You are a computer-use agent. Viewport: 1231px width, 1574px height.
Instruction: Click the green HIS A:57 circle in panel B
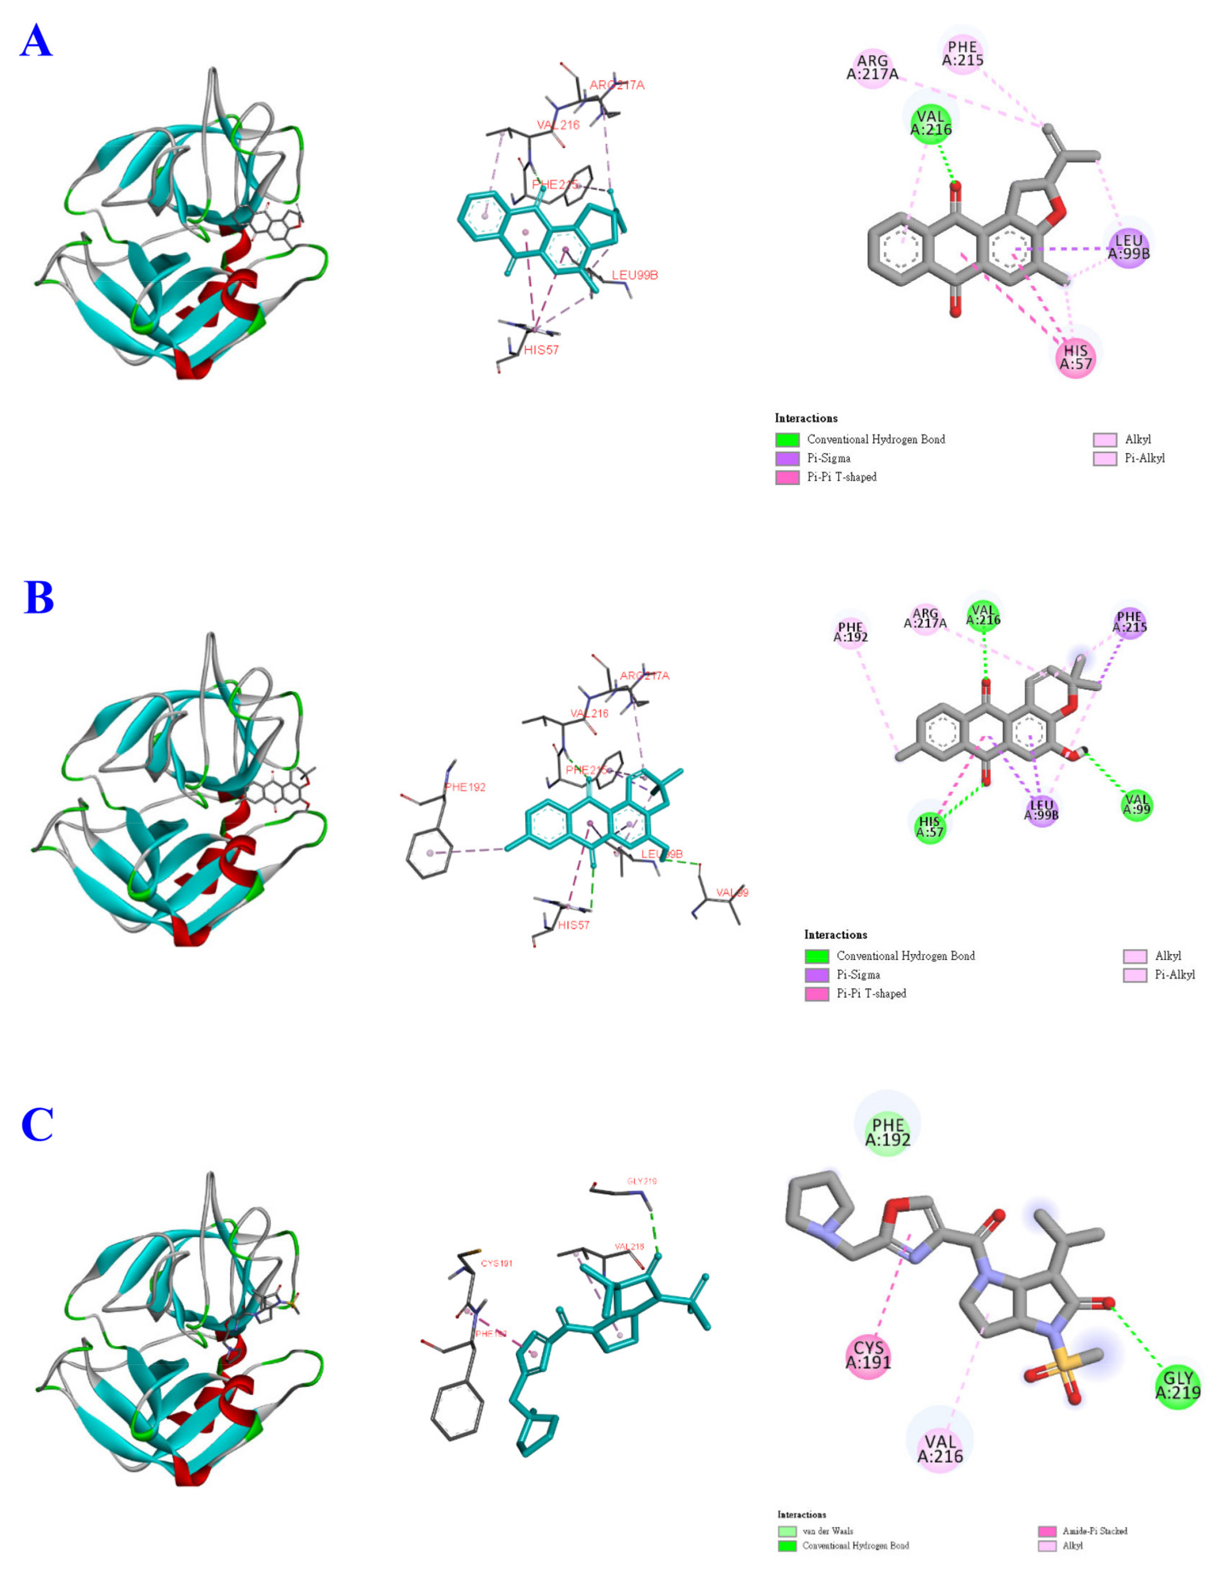click(x=930, y=826)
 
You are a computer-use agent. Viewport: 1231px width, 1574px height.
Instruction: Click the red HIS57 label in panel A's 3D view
click(x=541, y=350)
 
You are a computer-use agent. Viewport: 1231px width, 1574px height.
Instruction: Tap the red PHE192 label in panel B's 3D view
click(x=465, y=787)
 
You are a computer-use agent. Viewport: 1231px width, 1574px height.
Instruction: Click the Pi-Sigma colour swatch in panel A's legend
click(x=787, y=458)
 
